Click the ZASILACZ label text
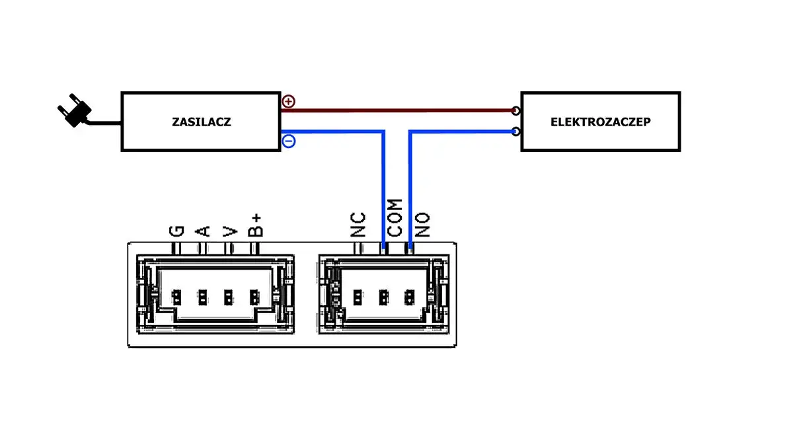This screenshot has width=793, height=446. tap(201, 122)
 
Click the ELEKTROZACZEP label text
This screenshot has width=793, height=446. tap(600, 122)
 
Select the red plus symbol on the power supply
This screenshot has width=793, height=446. tap(289, 102)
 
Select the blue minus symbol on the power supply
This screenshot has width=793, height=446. tap(289, 141)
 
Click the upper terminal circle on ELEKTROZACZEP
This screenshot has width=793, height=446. tap(515, 111)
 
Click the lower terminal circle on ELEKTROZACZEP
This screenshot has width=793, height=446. tap(515, 131)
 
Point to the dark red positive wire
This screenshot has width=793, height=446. tap(397, 110)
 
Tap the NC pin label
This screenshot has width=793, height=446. tap(358, 225)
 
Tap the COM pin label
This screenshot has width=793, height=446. tap(395, 217)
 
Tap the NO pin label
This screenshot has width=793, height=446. tap(422, 225)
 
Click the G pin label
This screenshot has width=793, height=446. tap(176, 231)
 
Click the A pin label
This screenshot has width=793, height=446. tap(203, 231)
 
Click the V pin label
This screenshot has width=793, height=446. tap(229, 231)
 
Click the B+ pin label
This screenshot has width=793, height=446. tap(255, 225)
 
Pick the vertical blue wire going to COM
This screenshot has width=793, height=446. tap(383, 192)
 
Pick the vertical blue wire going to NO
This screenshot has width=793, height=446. tap(410, 192)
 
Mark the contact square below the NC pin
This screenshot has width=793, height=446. tap(358, 297)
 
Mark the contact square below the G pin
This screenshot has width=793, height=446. tap(176, 297)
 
